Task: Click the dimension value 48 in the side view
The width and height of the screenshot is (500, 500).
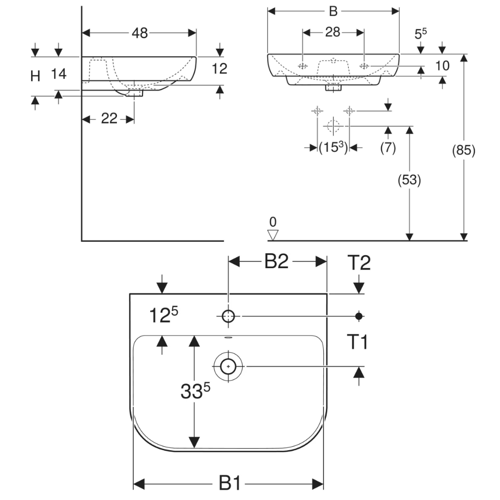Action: coord(140,33)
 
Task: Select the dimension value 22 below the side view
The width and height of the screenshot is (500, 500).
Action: coord(109,118)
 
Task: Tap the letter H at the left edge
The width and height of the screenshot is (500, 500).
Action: coord(35,76)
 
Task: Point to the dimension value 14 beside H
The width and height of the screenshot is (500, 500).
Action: coord(58,74)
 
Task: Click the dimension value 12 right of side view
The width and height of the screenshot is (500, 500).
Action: coord(219,69)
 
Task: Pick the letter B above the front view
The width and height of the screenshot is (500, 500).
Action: coord(333,11)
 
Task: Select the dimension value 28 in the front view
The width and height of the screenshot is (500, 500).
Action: coord(333,32)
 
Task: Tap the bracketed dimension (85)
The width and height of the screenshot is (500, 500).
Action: coord(464,150)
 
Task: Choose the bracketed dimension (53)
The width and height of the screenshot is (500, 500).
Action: coord(409,180)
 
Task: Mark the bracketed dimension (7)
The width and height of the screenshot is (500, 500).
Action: coord(388,147)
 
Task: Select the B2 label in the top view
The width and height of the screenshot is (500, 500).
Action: coord(276,262)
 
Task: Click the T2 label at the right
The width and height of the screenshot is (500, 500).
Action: coord(359,263)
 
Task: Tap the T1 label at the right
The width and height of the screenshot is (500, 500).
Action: coord(357,342)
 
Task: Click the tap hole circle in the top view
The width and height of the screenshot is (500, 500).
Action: coord(228,316)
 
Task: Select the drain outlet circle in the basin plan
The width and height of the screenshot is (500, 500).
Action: coord(228,367)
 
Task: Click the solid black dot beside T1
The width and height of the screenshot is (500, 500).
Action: coord(359,316)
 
